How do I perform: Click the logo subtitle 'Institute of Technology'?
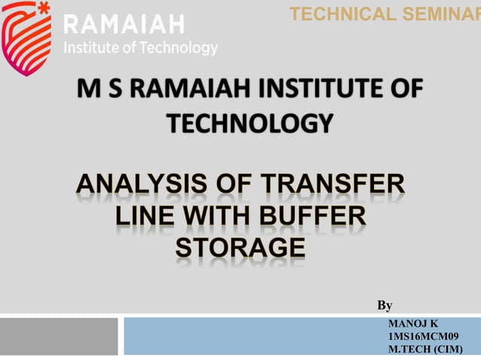click(x=142, y=48)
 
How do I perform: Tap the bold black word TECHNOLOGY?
click(x=248, y=123)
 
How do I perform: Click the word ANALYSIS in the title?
click(x=150, y=185)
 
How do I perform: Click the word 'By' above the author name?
click(x=384, y=306)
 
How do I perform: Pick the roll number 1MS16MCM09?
click(x=423, y=336)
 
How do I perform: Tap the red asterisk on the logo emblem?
click(x=44, y=11)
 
